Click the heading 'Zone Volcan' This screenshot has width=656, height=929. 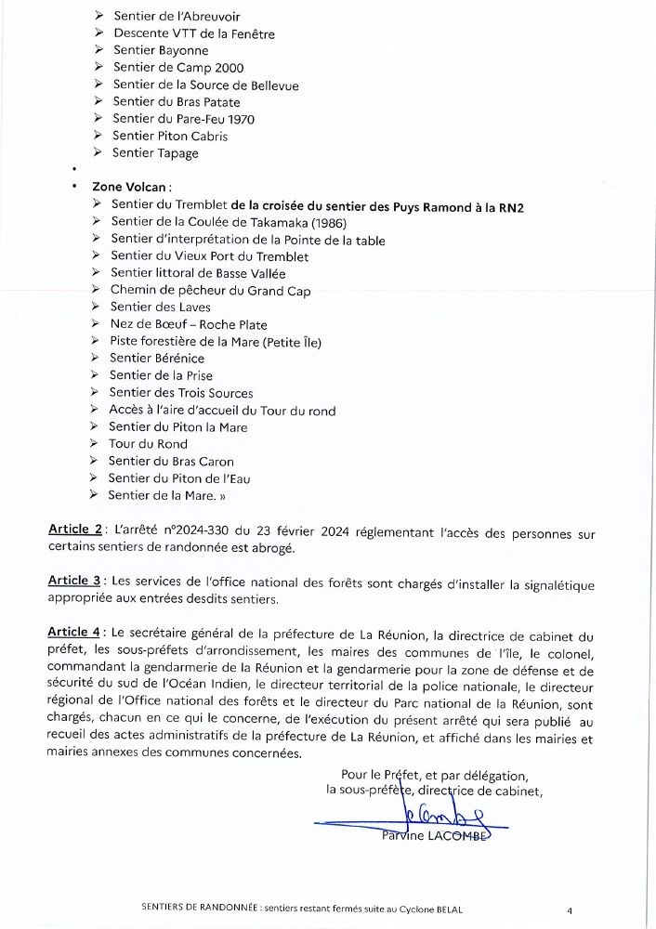[131, 187]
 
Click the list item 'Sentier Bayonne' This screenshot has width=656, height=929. [161, 51]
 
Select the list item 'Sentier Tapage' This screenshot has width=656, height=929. [155, 153]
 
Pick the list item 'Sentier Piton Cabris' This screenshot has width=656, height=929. [169, 137]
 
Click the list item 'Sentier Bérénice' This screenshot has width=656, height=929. [156, 359]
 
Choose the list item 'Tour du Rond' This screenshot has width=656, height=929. [148, 444]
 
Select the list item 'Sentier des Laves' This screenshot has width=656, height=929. [160, 307]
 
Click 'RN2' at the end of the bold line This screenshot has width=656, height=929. [508, 206]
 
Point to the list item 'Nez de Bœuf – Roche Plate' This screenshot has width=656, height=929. [188, 325]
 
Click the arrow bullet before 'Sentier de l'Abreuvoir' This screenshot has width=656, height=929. [99, 17]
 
